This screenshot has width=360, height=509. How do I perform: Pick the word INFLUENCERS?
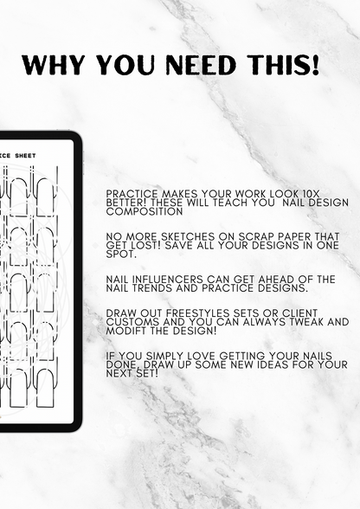coord(164,279)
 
